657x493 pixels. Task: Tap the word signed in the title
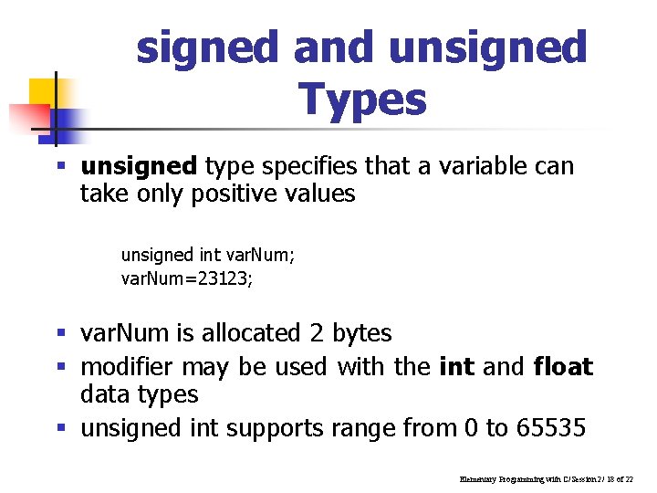(x=209, y=47)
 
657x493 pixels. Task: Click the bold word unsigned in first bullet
(x=139, y=166)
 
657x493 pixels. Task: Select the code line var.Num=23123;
(x=188, y=278)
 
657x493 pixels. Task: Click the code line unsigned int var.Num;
(x=208, y=255)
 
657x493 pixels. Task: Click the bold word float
(x=562, y=367)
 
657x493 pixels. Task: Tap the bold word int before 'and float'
(x=456, y=367)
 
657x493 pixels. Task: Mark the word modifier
(x=128, y=367)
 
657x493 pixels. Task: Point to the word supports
(x=276, y=428)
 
